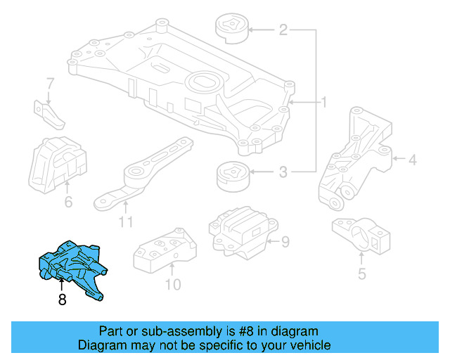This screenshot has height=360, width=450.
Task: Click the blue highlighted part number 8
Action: click(72, 267)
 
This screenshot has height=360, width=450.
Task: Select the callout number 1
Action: click(324, 103)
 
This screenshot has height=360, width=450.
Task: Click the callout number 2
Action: click(283, 30)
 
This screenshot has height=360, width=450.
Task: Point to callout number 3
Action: click(283, 171)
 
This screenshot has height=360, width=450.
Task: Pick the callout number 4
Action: click(413, 161)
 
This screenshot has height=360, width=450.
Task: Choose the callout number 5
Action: click(361, 274)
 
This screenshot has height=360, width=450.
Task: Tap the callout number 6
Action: click(68, 203)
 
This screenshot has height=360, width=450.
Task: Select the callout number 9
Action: click(285, 243)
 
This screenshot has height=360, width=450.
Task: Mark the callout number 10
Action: click(173, 284)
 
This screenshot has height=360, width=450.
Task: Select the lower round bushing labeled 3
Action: click(232, 176)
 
